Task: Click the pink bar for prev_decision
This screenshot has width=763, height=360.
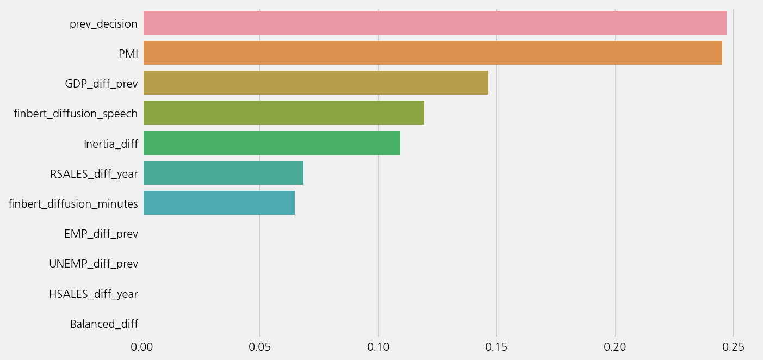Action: pos(435,23)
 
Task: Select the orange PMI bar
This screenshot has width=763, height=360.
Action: pos(432,53)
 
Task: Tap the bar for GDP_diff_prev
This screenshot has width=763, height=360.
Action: pos(315,83)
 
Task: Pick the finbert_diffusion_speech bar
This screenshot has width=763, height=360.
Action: pos(283,113)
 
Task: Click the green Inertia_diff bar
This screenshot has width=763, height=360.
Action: pos(271,142)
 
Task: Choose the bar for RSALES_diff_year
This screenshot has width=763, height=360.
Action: pos(223,173)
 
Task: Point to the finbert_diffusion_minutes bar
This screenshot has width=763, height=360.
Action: pos(219,203)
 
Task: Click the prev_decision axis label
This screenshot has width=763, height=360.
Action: pos(103,24)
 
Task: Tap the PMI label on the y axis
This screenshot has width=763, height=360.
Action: pos(128,54)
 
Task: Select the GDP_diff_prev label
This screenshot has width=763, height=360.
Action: pos(101,84)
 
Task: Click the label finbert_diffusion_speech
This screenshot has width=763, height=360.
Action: pos(76,114)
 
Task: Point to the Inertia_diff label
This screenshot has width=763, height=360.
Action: pos(110,144)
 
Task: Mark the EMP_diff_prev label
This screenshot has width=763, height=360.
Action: pos(101,234)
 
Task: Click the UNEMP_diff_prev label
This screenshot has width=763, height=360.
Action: pos(94,264)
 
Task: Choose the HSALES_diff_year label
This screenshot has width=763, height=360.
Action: pos(94,294)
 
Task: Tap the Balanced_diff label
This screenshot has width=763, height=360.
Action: pos(104,324)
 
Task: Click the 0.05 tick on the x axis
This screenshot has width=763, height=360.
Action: pos(260,347)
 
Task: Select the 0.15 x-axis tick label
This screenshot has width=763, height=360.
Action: pos(497,347)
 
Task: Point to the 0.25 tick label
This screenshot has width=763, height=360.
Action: pos(733,347)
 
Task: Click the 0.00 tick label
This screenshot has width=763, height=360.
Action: pos(142,347)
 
